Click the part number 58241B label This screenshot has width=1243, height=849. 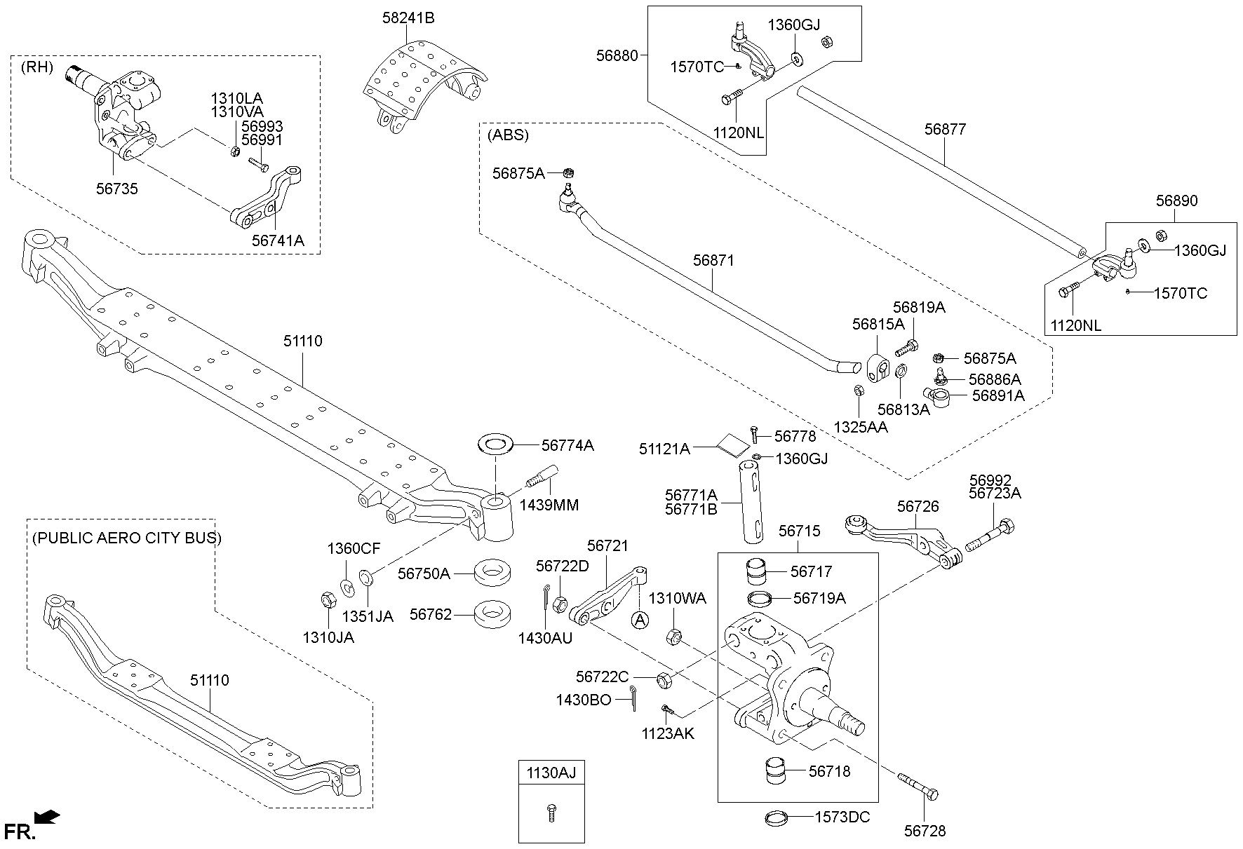click(x=408, y=18)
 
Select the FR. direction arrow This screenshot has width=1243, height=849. click(x=47, y=817)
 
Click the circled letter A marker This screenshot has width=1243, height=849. click(x=639, y=620)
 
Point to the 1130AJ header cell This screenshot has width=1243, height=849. click(x=551, y=773)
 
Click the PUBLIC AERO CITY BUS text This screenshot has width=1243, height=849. click(x=126, y=538)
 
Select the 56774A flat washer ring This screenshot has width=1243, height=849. click(x=496, y=444)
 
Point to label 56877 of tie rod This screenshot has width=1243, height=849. click(x=945, y=130)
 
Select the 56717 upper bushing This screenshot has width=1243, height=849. click(x=758, y=571)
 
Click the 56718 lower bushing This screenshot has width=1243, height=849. click(x=775, y=770)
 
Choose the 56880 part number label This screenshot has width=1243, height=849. click(x=617, y=55)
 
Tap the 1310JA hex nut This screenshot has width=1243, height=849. click(x=327, y=600)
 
